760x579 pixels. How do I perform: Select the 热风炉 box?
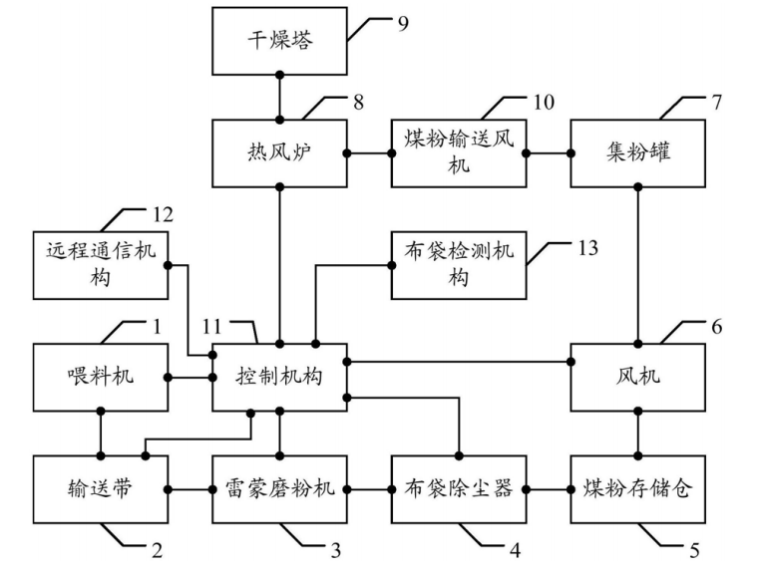[x=280, y=153]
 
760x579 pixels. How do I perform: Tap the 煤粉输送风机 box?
[x=459, y=153]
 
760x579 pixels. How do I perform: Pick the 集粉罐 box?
[x=637, y=153]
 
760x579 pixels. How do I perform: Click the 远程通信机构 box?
[x=101, y=264]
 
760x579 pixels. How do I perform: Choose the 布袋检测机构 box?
[x=459, y=264]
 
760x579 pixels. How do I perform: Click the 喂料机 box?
[x=101, y=377]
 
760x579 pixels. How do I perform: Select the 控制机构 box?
[x=280, y=377]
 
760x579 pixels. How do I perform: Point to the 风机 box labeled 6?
[x=637, y=377]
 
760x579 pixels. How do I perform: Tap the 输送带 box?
[x=101, y=489]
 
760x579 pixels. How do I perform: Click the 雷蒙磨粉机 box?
[x=280, y=489]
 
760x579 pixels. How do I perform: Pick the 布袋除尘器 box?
[x=459, y=489]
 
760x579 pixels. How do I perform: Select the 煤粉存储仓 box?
[x=637, y=489]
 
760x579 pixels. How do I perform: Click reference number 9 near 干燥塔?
[x=403, y=20]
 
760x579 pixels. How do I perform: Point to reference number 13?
[x=586, y=247]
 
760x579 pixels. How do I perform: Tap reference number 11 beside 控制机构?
[x=228, y=326]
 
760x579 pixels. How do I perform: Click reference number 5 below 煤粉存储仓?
[x=694, y=548]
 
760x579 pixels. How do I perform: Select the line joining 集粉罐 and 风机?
[x=637, y=264]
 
